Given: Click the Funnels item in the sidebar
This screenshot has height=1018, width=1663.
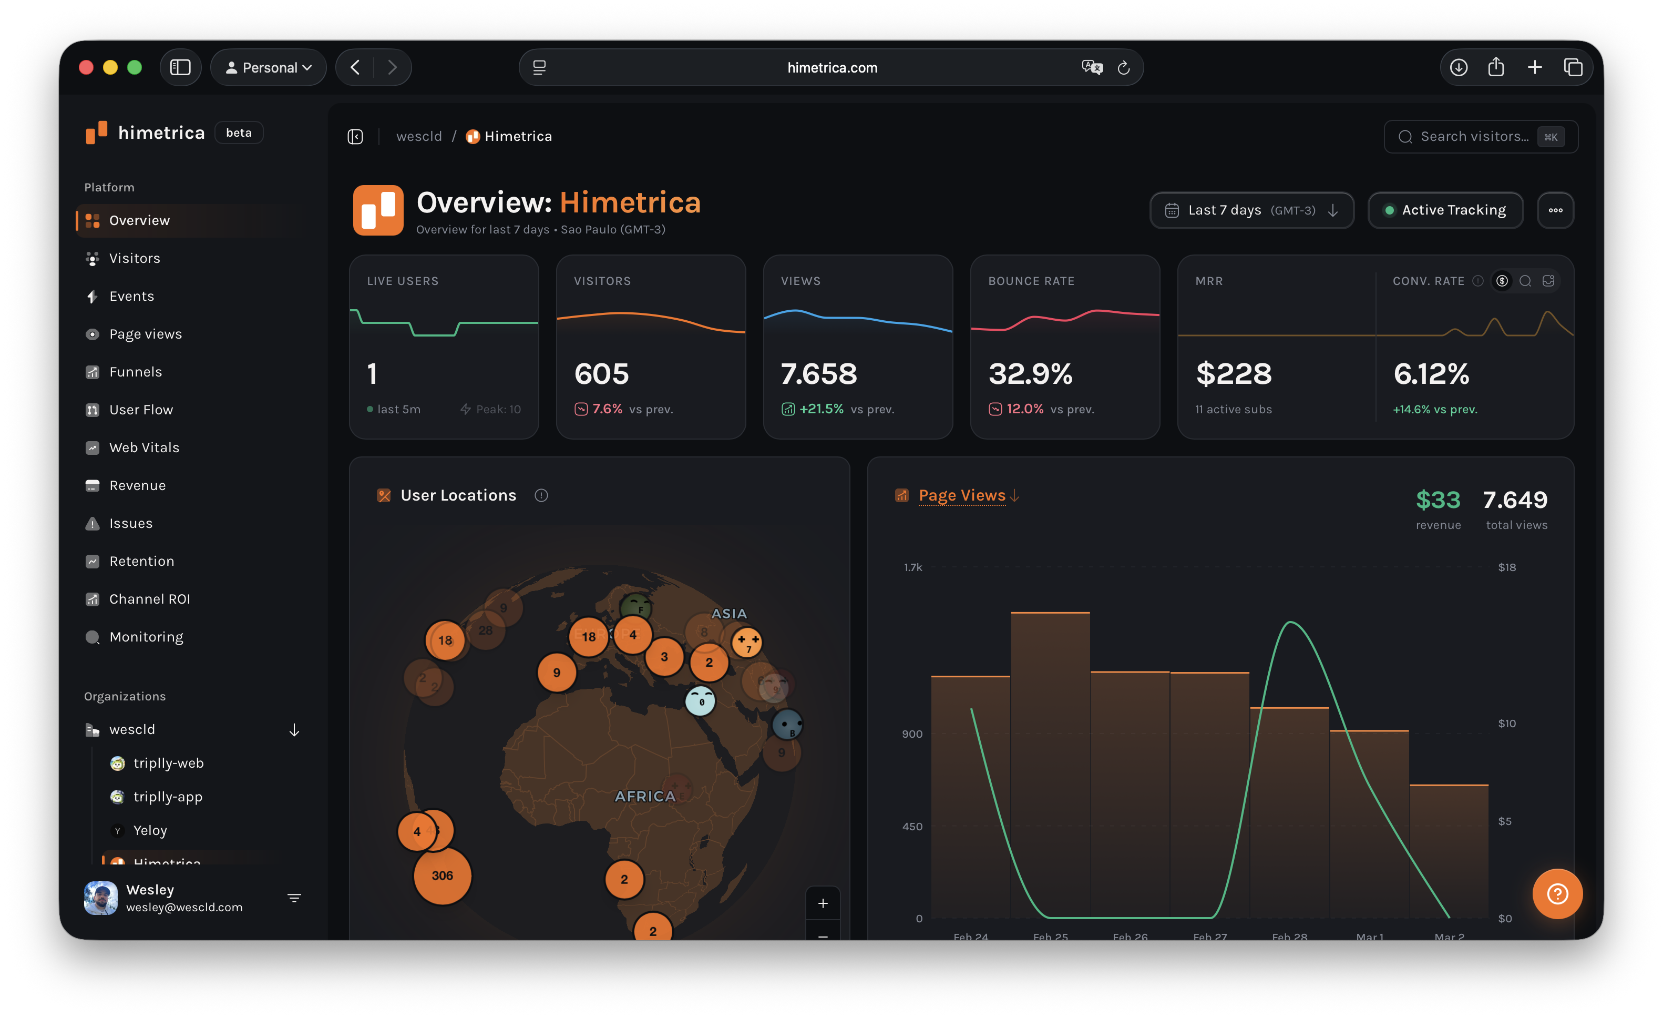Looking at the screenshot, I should (x=135, y=372).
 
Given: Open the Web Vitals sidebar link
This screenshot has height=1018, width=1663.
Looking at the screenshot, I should (x=144, y=447).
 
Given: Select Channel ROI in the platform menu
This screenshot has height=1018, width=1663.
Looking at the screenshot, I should (x=149, y=599).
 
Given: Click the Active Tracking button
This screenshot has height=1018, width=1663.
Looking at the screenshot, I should (x=1445, y=210).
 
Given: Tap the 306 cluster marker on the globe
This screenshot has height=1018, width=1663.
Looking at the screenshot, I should (x=442, y=876).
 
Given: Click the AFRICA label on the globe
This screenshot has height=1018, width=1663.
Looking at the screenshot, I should (x=644, y=796).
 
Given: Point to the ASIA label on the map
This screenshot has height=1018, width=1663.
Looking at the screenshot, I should (x=729, y=614).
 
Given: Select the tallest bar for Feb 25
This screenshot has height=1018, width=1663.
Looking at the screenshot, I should (x=1050, y=763).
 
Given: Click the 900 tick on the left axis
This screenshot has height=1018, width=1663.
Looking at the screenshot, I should (x=912, y=734).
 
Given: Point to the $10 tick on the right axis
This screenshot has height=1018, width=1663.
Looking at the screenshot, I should (x=1506, y=723).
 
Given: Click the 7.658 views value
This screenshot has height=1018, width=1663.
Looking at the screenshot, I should (x=819, y=374).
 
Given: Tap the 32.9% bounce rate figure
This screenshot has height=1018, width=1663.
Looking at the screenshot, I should (x=1030, y=374).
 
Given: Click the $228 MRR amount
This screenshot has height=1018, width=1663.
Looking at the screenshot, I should (x=1233, y=374).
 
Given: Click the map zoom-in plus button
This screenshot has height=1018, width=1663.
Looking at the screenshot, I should (x=823, y=903).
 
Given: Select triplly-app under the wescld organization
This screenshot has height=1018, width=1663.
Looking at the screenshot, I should (x=167, y=797).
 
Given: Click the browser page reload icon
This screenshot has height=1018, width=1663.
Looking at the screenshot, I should (x=1123, y=67).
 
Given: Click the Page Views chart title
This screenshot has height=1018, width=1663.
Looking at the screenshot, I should (x=962, y=495).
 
